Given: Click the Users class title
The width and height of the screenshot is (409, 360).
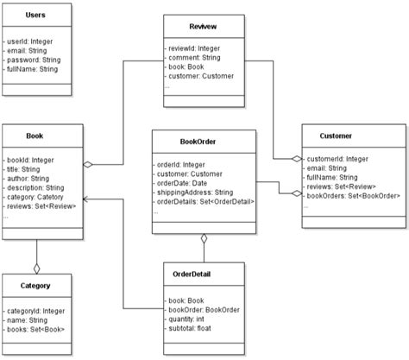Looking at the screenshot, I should pyautogui.click(x=36, y=16).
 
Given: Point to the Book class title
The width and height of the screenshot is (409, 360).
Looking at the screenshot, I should pyautogui.click(x=36, y=136).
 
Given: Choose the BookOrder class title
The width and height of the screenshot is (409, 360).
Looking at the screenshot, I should pyautogui.click(x=203, y=143).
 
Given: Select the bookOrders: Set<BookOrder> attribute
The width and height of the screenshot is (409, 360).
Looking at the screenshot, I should pyautogui.click(x=354, y=197).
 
